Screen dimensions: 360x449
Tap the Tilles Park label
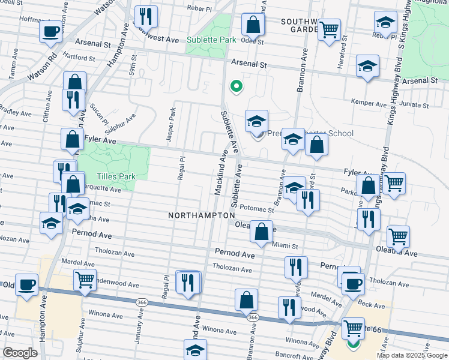coord(116,176)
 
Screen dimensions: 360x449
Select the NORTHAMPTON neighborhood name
coord(201,215)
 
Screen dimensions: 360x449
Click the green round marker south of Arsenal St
coord(236,86)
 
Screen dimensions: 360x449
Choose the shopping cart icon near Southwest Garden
coord(329,29)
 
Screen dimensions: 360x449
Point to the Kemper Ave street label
coord(369,103)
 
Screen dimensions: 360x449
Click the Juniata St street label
coord(415,104)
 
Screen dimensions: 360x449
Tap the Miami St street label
coord(285,245)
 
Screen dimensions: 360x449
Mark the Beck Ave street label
coord(371,305)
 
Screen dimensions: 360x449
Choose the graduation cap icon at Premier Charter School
coord(256,121)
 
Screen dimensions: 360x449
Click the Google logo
coord(20,353)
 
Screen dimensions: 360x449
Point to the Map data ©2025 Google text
coord(411,355)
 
